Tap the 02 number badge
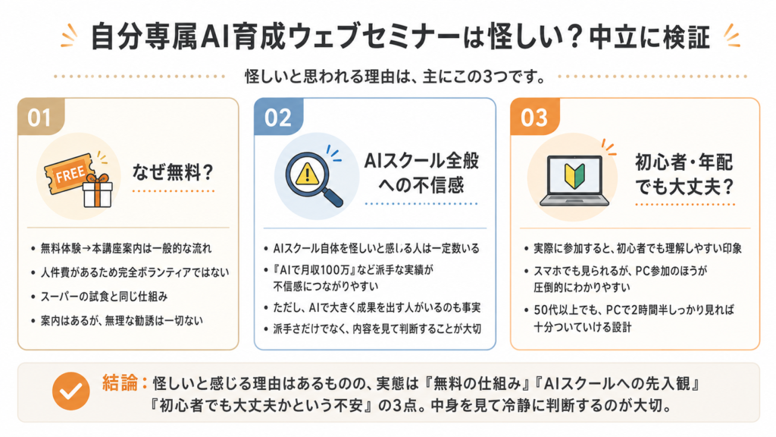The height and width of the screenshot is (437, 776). coord(278,117)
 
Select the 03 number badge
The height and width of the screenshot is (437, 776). coord(534,117)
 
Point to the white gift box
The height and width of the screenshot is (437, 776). coord(98,190)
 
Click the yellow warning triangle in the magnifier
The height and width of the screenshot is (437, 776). coord(307,174)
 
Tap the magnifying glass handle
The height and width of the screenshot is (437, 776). coord(333,196)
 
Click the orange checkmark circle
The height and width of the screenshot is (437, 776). coord(70,391)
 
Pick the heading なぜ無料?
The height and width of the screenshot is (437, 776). coord(173,172)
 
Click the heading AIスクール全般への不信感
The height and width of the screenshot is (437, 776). coord(421,172)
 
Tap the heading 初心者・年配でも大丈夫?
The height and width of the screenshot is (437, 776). coord(684,174)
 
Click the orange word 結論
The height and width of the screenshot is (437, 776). coord(120,382)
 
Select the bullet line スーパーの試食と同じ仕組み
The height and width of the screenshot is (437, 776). coord(104,297)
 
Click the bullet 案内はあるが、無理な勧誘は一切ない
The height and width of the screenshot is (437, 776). coord(122,321)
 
